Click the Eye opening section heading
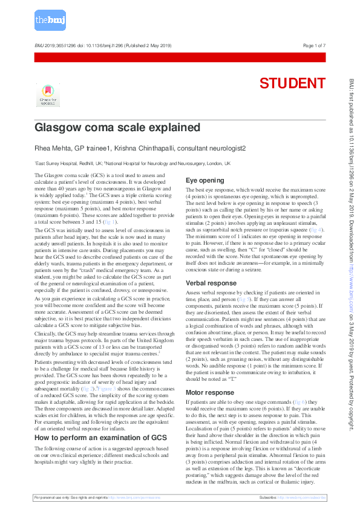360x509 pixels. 205,180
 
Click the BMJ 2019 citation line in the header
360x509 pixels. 103,46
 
